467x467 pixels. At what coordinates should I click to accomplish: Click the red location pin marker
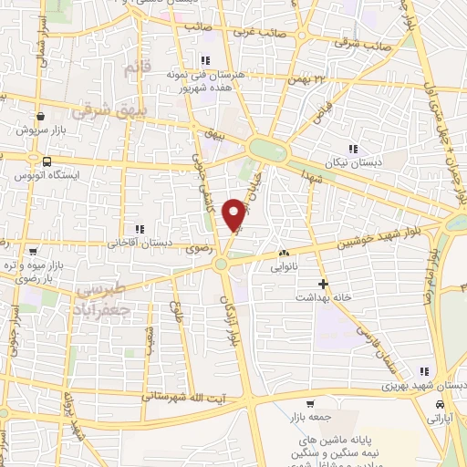235,213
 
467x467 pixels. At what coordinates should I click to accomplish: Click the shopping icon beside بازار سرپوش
42,117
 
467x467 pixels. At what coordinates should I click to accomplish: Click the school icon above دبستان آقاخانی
139,230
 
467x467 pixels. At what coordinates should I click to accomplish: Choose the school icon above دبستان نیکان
352,148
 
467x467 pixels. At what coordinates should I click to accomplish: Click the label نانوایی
283,268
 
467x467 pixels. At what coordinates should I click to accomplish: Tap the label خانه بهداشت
321,297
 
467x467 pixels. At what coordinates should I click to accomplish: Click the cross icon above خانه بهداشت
321,284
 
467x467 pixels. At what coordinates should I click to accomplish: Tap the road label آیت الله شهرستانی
192,398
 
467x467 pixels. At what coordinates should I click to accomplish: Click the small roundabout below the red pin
221,265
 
